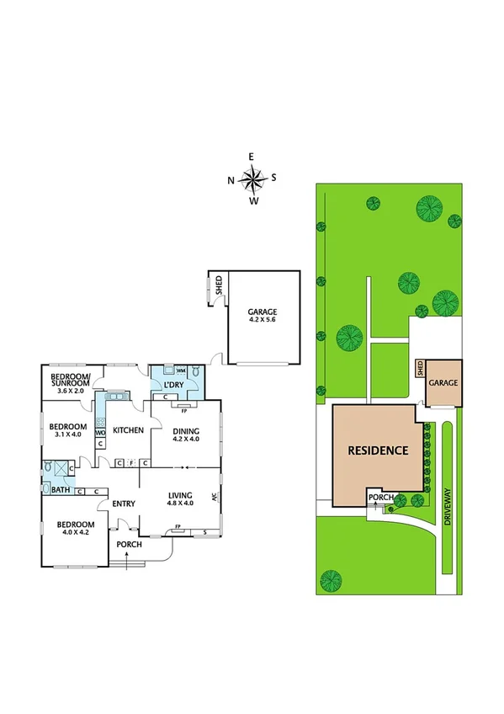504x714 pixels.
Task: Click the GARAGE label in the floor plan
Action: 263,311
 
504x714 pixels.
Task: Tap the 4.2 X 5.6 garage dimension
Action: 263,321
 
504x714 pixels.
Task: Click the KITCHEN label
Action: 129,429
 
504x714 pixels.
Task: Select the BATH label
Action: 60,489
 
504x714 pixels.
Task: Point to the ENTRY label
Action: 124,504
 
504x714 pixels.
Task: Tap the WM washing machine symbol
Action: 180,370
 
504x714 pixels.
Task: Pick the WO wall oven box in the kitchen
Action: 100,433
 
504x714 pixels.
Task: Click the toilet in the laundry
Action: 195,370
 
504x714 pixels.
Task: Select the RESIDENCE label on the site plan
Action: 378,450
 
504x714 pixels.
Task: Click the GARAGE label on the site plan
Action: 443,382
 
